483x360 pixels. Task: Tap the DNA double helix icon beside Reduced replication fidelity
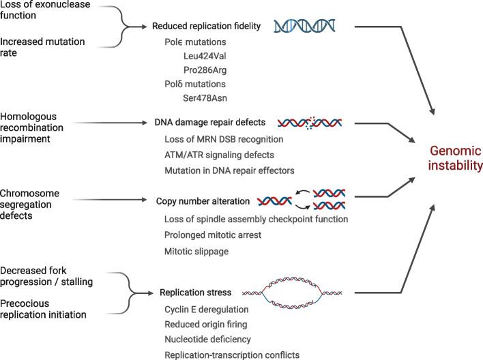[x=304, y=26]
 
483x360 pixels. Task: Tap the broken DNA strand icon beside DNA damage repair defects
[x=310, y=123]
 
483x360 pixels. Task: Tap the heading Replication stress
[x=194, y=292]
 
